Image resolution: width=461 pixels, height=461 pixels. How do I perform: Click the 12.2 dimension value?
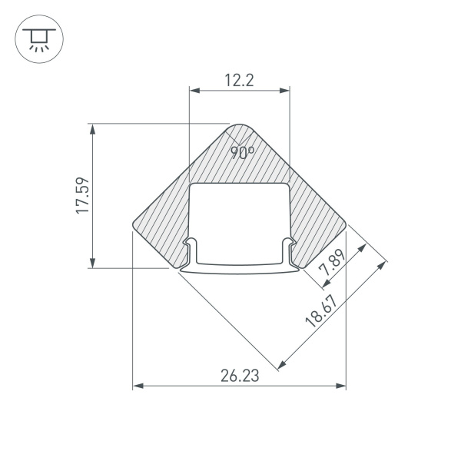239,80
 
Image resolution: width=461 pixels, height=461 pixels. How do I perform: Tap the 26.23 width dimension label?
239,376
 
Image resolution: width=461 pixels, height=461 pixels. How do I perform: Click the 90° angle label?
243,152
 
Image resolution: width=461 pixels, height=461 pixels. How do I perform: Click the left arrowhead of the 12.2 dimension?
194,91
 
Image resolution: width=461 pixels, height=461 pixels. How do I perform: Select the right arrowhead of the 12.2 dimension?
285,91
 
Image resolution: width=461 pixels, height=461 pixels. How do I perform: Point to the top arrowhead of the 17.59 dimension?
93,128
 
